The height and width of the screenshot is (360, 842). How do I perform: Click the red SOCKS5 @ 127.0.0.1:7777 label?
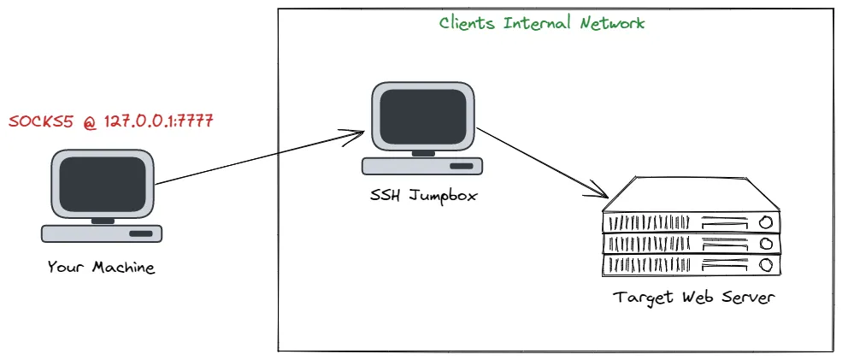pyautogui.click(x=110, y=121)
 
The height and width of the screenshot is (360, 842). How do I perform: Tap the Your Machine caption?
pyautogui.click(x=102, y=268)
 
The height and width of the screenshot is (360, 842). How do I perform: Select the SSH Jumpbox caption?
pyautogui.click(x=418, y=196)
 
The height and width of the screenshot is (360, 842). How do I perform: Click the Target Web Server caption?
pyautogui.click(x=693, y=298)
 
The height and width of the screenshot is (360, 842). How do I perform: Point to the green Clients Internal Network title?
pyautogui.click(x=542, y=23)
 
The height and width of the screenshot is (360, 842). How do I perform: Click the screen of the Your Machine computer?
pyautogui.click(x=102, y=185)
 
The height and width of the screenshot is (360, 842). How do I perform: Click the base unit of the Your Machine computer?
pyautogui.click(x=103, y=233)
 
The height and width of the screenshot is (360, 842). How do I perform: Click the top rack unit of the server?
pyautogui.click(x=692, y=222)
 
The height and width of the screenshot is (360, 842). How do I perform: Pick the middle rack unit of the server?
pyautogui.click(x=692, y=245)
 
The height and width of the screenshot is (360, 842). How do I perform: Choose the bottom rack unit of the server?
pyautogui.click(x=692, y=265)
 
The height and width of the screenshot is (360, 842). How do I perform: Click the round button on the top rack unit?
pyautogui.click(x=764, y=222)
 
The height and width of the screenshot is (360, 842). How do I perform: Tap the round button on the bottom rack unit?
pyautogui.click(x=764, y=265)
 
